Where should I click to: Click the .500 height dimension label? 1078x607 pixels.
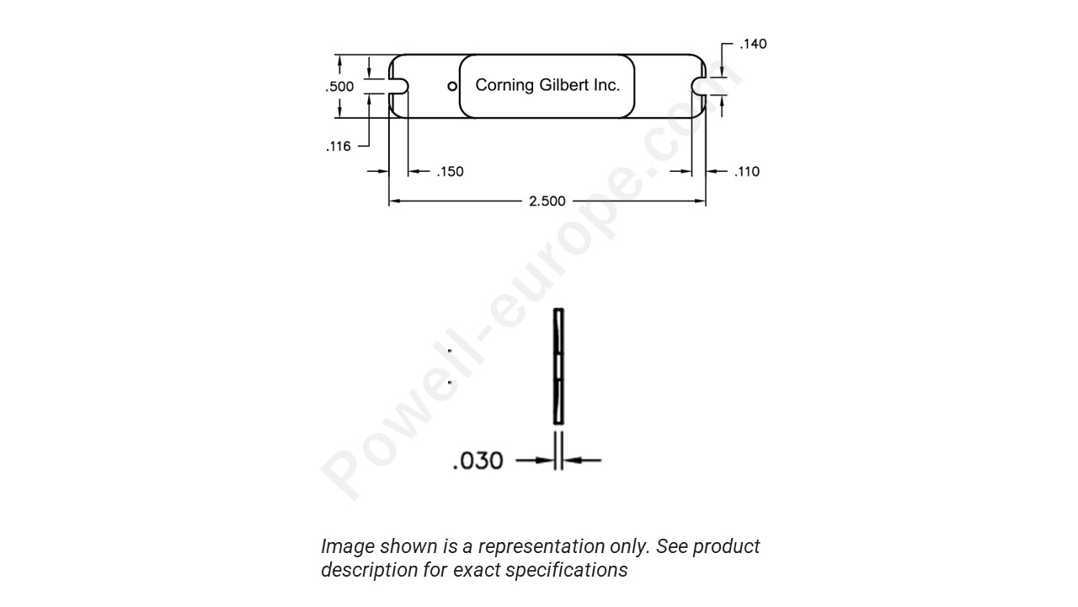(339, 87)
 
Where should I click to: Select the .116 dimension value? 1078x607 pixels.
(338, 147)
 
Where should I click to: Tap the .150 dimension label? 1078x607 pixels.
(450, 172)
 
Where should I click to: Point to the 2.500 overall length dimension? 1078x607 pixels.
(547, 201)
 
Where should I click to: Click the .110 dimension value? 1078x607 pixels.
(746, 172)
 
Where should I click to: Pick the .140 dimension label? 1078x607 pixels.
(753, 44)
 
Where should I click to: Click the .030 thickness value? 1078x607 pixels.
(478, 461)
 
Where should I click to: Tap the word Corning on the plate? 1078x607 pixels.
(505, 85)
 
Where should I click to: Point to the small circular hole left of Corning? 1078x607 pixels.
(452, 86)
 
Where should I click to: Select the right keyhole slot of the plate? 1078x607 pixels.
(698, 86)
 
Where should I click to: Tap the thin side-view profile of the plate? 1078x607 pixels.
(558, 367)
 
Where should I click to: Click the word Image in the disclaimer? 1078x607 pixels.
(348, 547)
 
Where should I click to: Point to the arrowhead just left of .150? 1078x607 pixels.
(414, 172)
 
